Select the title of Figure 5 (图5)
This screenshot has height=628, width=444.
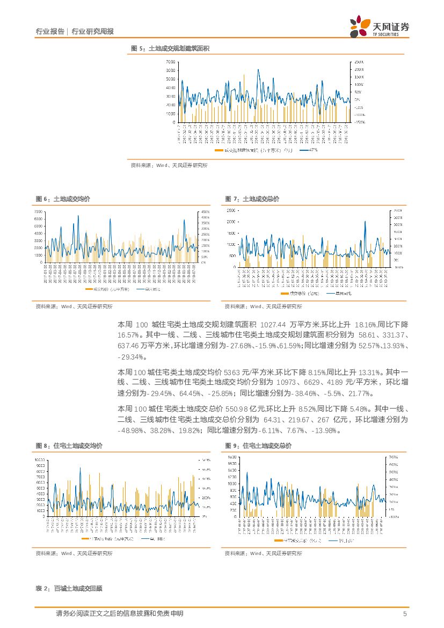(x=170, y=49)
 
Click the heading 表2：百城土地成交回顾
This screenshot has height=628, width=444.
(x=69, y=589)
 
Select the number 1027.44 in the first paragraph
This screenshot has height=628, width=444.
(x=274, y=325)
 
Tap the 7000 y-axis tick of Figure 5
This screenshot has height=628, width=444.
(x=170, y=62)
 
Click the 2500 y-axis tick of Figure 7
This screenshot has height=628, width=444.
(x=231, y=210)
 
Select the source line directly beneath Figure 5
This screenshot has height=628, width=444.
(x=169, y=166)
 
